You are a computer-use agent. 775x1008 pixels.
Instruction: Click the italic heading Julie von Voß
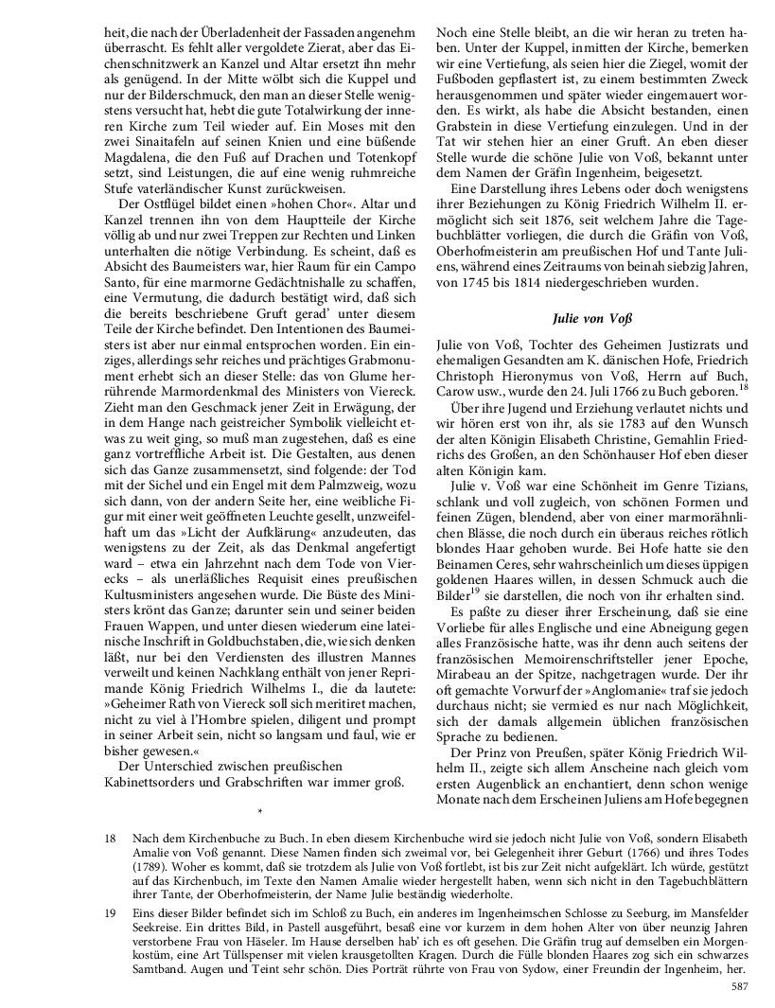591,318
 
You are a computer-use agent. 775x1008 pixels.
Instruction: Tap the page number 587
740,988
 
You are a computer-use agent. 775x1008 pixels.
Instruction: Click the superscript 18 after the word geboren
743,386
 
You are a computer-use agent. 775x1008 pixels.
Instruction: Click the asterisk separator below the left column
258,812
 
